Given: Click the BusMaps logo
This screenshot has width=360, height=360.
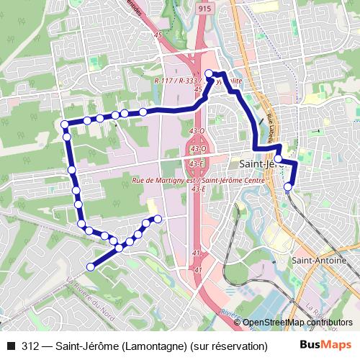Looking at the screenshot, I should [x=325, y=345].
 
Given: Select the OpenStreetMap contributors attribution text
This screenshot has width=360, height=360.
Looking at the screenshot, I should [x=297, y=323].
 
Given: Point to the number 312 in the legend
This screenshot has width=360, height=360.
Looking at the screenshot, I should [x=31, y=346].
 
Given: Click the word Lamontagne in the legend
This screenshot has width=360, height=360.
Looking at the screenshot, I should [x=154, y=346].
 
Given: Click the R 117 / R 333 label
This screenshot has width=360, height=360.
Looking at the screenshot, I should [x=176, y=81].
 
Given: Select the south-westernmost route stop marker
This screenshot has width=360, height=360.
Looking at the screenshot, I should [x=90, y=267].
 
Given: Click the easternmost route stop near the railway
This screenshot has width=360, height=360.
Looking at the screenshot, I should [x=288, y=188].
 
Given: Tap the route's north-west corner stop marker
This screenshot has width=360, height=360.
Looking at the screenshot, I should [x=64, y=125].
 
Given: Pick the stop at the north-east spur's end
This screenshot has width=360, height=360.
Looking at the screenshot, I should [x=158, y=218].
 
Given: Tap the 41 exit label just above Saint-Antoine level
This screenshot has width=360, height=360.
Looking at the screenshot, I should [x=197, y=253].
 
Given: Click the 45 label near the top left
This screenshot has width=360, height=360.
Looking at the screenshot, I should [x=158, y=35].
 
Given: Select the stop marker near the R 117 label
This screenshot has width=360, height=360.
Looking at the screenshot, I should [x=210, y=73].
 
